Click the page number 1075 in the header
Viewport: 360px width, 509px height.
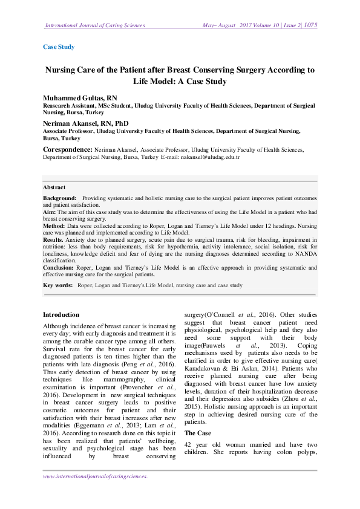click(310, 25)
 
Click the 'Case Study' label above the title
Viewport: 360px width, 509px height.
click(59, 47)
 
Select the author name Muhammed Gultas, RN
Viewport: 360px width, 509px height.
click(80, 98)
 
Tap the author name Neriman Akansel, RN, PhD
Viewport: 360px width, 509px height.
click(86, 123)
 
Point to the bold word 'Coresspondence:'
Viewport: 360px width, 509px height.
click(67, 149)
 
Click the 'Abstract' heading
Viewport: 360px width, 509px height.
click(54, 187)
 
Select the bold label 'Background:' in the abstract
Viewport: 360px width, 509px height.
click(59, 198)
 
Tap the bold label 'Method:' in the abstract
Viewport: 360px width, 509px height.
click(54, 225)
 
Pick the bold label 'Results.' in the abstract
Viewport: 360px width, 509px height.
click(54, 239)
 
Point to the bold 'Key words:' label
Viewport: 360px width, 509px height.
click(58, 284)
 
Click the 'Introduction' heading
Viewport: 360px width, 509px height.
click(61, 315)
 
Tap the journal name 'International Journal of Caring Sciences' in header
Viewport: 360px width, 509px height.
click(95, 25)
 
